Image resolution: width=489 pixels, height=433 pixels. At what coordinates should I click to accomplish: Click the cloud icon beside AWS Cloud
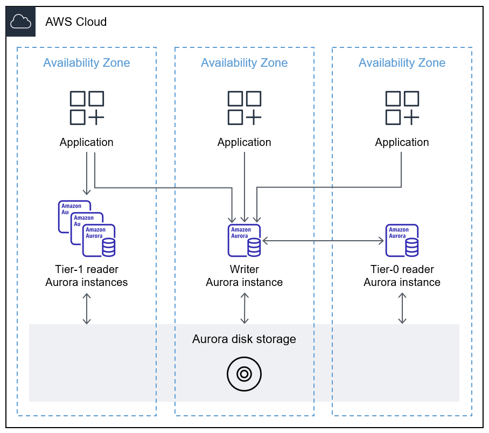click(x=21, y=22)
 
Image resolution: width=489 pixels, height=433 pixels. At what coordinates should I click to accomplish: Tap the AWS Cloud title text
click(x=76, y=22)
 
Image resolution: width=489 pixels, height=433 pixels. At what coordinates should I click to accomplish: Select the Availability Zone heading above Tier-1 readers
click(x=87, y=63)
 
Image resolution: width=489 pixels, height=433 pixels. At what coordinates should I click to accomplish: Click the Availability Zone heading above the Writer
click(x=244, y=63)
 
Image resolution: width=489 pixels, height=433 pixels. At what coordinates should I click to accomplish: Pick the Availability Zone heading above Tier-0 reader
click(x=402, y=63)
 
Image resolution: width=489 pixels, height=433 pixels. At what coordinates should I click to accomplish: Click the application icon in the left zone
click(x=87, y=108)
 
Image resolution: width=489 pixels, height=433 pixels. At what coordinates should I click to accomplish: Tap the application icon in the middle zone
click(x=244, y=108)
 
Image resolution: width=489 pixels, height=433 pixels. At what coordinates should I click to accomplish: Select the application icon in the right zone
click(x=402, y=108)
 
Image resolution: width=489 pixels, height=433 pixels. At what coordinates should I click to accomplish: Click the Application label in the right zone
click(x=402, y=143)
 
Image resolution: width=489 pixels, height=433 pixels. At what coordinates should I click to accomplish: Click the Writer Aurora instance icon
click(x=244, y=240)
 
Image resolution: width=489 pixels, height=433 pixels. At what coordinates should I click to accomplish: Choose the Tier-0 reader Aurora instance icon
click(x=402, y=240)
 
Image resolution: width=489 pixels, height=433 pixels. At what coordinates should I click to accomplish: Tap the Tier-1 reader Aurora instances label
click(x=87, y=276)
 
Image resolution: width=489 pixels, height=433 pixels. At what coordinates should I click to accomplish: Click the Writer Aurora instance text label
click(x=244, y=276)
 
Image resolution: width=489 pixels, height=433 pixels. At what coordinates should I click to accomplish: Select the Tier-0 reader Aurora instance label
click(x=402, y=276)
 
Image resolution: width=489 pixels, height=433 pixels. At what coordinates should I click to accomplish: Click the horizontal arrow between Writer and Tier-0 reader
click(x=323, y=241)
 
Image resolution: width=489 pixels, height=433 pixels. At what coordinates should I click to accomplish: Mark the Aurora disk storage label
click(x=244, y=339)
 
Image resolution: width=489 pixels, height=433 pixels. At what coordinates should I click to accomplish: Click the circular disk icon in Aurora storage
click(x=244, y=373)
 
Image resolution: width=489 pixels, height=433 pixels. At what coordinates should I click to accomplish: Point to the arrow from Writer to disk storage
click(x=245, y=308)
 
